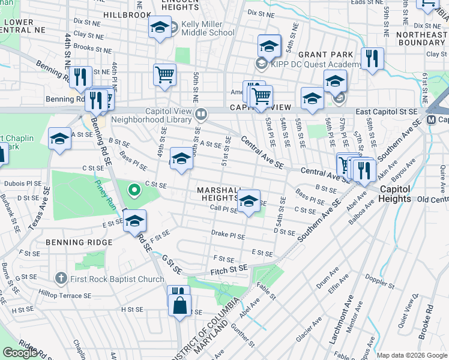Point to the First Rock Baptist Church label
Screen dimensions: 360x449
point(112,278)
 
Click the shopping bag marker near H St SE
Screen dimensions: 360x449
point(179,304)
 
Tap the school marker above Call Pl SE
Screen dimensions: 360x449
point(249,201)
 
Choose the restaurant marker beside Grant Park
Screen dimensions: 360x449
point(372,59)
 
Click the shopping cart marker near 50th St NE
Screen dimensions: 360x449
point(164,75)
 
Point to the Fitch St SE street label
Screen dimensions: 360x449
point(229,272)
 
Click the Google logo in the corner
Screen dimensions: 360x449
point(20,353)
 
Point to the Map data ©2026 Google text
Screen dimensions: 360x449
point(411,355)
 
